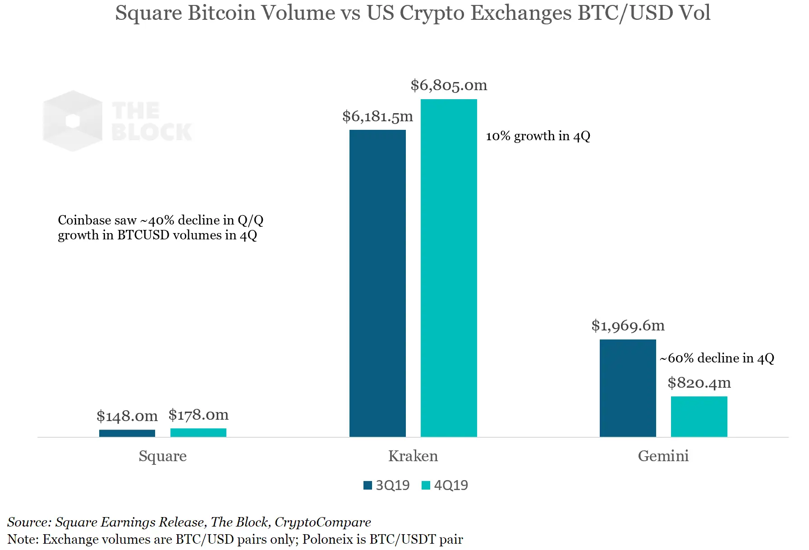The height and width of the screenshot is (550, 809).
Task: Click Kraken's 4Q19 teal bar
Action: pyautogui.click(x=449, y=268)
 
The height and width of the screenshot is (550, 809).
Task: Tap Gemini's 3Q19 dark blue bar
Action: pyautogui.click(x=628, y=388)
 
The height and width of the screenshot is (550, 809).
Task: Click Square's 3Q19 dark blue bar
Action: pyautogui.click(x=127, y=433)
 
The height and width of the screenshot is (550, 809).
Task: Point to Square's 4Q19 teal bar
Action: pyautogui.click(x=198, y=432)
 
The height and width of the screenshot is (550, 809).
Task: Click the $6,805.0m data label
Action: pyautogui.click(x=449, y=85)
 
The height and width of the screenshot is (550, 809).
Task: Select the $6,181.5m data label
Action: pyautogui.click(x=377, y=116)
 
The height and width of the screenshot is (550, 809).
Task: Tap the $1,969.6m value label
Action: pyautogui.click(x=628, y=325)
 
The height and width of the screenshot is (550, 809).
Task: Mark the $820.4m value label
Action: pyautogui.click(x=699, y=383)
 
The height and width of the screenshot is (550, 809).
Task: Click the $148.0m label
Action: pyautogui.click(x=127, y=416)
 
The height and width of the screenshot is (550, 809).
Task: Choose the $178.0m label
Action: pyautogui.click(x=198, y=415)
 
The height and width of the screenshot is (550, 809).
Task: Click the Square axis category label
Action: pyautogui.click(x=162, y=456)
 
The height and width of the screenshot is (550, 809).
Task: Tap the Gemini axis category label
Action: pyautogui.click(x=663, y=456)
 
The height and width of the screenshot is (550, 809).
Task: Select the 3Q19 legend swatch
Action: pyautogui.click(x=368, y=485)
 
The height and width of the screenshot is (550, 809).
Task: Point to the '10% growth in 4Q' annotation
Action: pyautogui.click(x=538, y=136)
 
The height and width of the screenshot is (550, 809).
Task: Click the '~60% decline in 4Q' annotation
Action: pyautogui.click(x=717, y=358)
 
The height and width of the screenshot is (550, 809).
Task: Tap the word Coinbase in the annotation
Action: pyautogui.click(x=84, y=220)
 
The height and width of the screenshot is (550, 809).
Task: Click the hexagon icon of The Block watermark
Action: pyautogui.click(x=73, y=121)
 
